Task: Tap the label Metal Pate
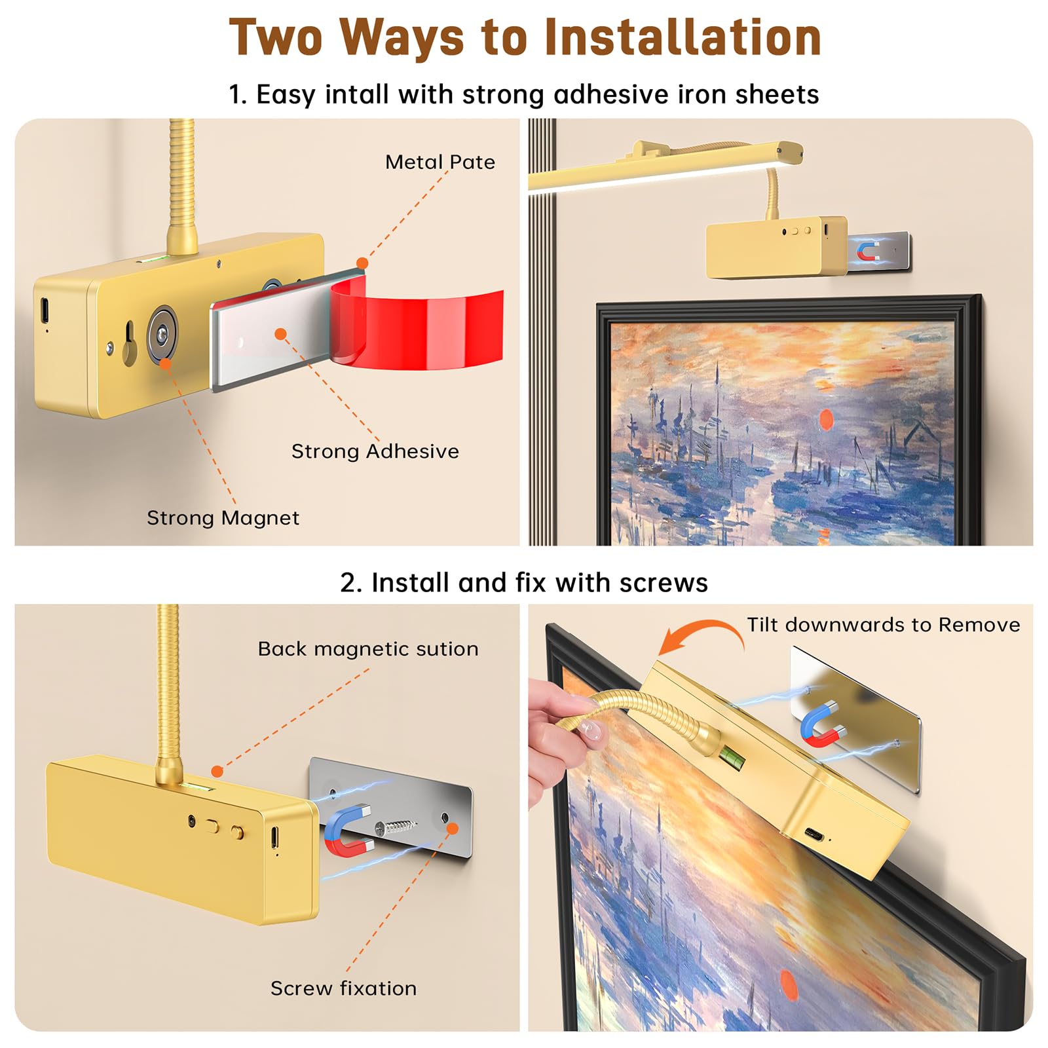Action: [440, 162]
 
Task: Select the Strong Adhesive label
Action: [375, 451]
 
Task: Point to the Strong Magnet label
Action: [223, 518]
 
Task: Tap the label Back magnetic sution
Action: [368, 648]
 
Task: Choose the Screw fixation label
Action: [344, 988]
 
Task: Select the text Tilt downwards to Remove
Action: [884, 625]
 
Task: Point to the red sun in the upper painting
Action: [827, 419]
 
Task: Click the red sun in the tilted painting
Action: [789, 986]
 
